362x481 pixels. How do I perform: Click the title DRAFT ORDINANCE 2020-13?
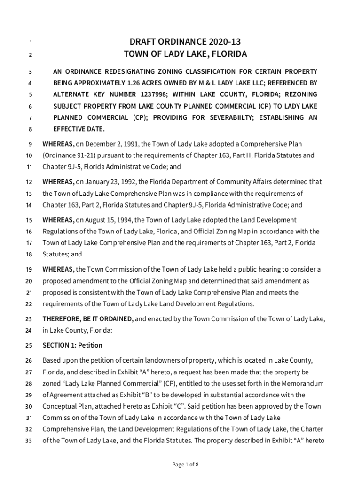coord(185,41)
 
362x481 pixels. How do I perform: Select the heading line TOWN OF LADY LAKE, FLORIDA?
coord(185,54)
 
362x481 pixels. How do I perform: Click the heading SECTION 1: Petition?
coord(72,345)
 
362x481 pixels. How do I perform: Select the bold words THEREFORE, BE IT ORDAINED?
coord(88,319)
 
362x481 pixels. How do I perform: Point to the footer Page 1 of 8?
coord(185,465)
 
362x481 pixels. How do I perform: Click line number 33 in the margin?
coord(29,441)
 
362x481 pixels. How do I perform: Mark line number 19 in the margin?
coord(29,270)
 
